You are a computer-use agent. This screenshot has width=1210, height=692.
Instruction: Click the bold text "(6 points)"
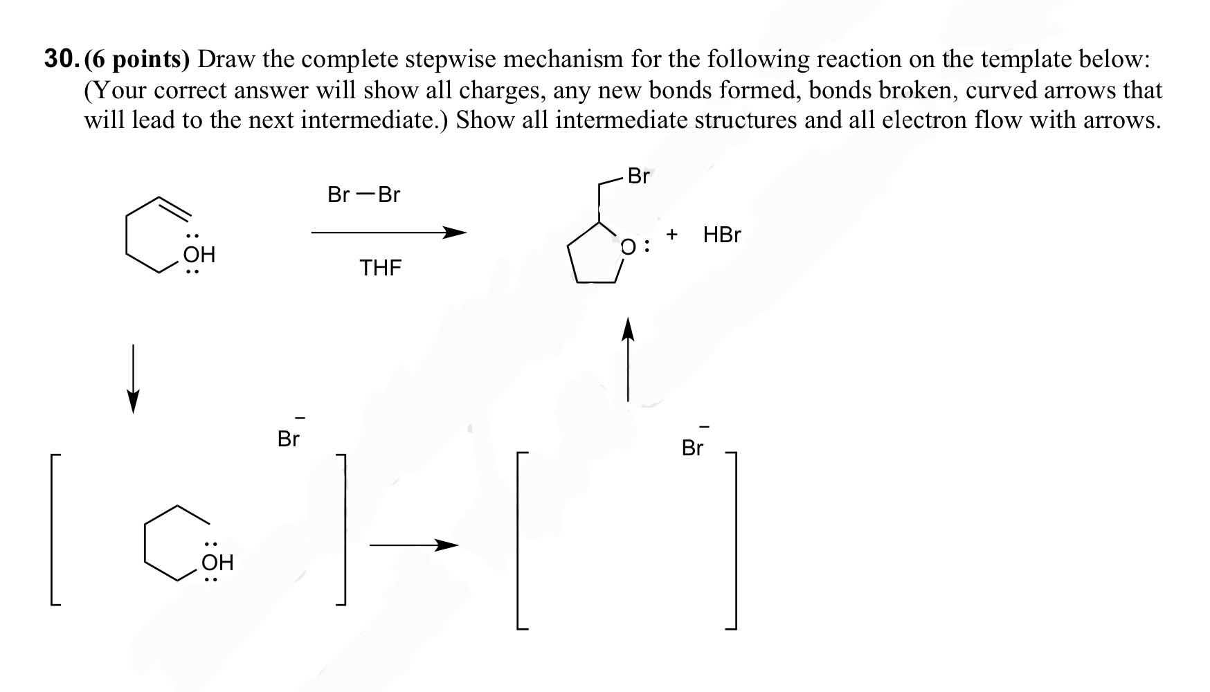click(x=137, y=60)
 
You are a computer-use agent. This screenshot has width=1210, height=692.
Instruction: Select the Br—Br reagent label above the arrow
click(x=363, y=195)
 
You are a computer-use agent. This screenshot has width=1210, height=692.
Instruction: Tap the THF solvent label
click(x=380, y=268)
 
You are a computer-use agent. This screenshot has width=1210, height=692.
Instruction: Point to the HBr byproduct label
click(x=721, y=235)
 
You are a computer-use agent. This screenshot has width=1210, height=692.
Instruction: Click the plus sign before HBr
click(x=671, y=235)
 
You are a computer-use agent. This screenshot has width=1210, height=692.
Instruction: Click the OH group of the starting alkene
click(x=199, y=255)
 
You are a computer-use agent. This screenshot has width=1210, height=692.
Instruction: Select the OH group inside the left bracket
click(x=217, y=562)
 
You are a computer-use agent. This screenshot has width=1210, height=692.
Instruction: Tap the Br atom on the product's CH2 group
click(x=638, y=176)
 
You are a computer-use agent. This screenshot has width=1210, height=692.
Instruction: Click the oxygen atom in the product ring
click(x=628, y=247)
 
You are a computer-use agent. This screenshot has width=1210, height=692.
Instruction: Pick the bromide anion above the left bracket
click(x=289, y=438)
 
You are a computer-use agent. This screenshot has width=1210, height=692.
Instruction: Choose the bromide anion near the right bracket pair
click(x=693, y=448)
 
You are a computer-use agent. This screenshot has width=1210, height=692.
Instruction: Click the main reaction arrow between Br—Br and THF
click(x=388, y=233)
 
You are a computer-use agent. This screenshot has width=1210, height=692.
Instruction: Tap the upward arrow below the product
click(x=628, y=359)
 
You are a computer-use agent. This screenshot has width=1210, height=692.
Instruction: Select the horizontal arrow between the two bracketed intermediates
click(x=413, y=545)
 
